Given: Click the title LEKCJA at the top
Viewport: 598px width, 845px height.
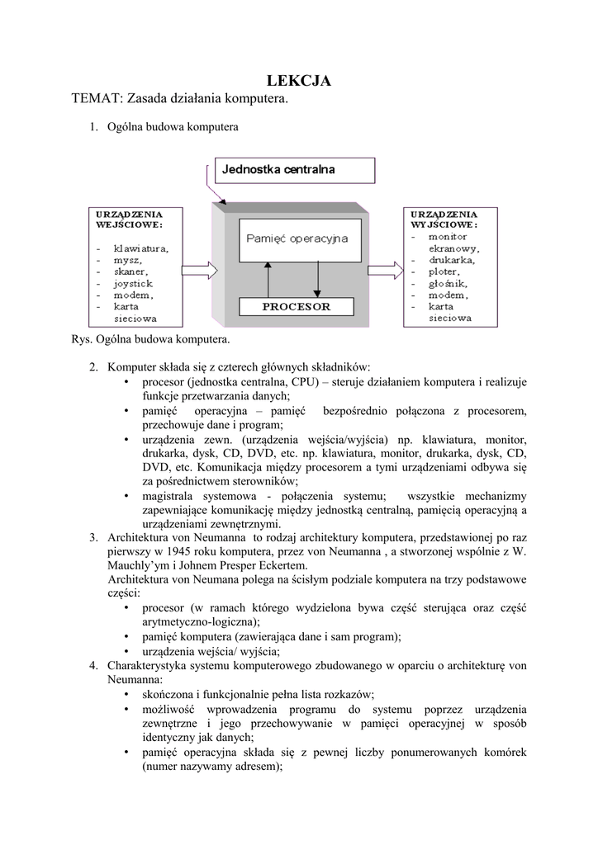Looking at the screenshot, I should click(x=298, y=80).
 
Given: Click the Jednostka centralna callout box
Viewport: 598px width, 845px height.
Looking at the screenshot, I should click(x=294, y=170).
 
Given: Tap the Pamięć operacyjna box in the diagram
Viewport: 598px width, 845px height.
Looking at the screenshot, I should click(x=297, y=238).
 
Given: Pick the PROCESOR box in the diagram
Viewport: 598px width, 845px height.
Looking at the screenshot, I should click(x=297, y=306).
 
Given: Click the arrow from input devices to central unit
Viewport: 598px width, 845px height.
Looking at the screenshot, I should click(x=198, y=270).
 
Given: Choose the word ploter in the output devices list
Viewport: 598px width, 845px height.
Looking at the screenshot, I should click(x=444, y=271).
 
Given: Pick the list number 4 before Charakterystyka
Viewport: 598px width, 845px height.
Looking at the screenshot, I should click(x=94, y=665).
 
